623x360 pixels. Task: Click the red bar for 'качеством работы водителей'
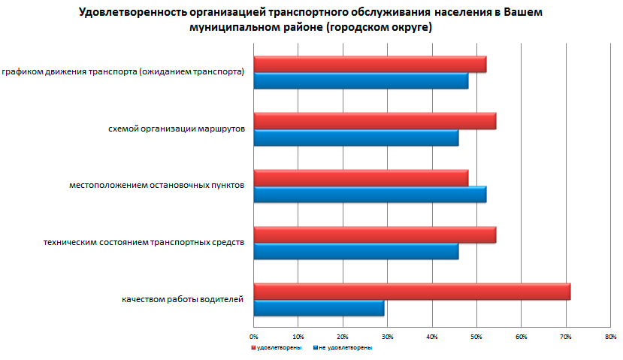point(412,291)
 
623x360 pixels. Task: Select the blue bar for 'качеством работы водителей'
point(319,308)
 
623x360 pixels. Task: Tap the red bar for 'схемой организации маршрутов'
point(374,121)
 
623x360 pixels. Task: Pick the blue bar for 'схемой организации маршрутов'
point(355,138)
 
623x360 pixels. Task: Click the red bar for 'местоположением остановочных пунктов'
point(361,177)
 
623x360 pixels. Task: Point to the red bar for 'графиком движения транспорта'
point(370,64)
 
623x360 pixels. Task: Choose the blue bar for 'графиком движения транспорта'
point(361,81)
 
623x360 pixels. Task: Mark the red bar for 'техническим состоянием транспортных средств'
point(374,234)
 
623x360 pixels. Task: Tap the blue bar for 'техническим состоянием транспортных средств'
point(355,252)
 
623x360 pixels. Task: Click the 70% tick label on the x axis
point(565,336)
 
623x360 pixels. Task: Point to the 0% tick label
point(254,336)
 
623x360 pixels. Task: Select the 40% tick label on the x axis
point(431,336)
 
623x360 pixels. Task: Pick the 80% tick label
point(609,336)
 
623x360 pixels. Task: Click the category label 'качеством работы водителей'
point(183,300)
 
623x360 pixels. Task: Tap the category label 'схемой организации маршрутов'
point(177,129)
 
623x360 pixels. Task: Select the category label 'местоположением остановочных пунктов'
point(156,186)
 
